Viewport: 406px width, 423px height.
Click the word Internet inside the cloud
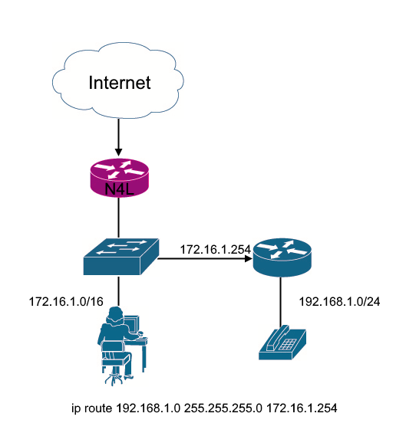(119, 82)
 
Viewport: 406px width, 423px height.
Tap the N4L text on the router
(119, 189)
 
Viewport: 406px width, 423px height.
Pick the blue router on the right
(283, 257)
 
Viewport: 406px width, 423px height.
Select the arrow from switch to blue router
(206, 259)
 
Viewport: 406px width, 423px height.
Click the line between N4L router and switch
(119, 218)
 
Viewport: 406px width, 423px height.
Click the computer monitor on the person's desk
(131, 326)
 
